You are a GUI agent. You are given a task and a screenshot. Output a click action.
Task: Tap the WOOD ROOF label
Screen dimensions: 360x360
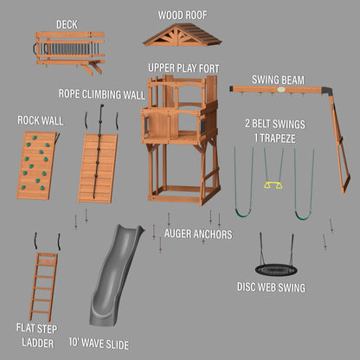(x=183, y=15)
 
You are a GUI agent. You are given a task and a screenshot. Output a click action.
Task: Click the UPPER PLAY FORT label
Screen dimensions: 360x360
(x=183, y=67)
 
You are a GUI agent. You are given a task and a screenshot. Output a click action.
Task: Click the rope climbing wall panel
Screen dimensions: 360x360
(x=98, y=168)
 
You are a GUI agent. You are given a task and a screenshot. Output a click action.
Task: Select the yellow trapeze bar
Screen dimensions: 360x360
(x=273, y=183)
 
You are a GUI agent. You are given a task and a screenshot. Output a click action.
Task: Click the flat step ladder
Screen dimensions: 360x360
(x=42, y=286)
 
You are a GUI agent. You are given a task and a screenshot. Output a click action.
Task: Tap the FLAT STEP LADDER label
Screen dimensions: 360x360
(x=37, y=334)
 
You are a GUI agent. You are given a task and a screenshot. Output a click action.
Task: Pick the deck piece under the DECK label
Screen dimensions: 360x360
(x=70, y=51)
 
